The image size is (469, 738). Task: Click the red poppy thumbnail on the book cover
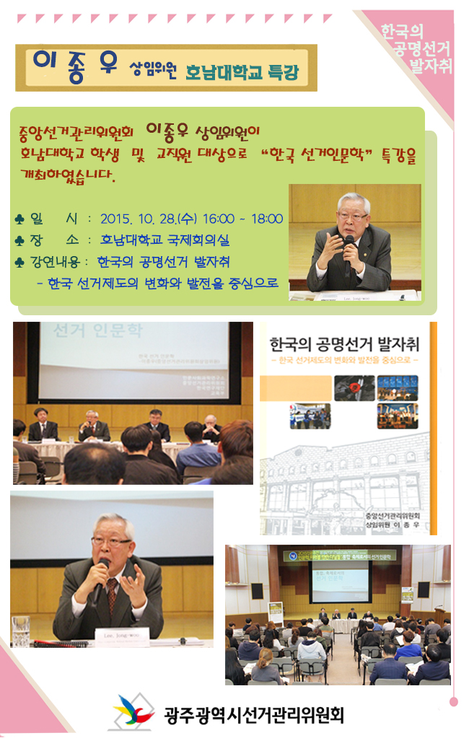(354, 387)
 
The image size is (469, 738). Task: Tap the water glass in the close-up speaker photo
(21, 631)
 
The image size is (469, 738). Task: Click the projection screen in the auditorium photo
(338, 581)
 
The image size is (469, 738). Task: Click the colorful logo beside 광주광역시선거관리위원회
(133, 712)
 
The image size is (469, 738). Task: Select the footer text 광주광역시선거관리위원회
(253, 714)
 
